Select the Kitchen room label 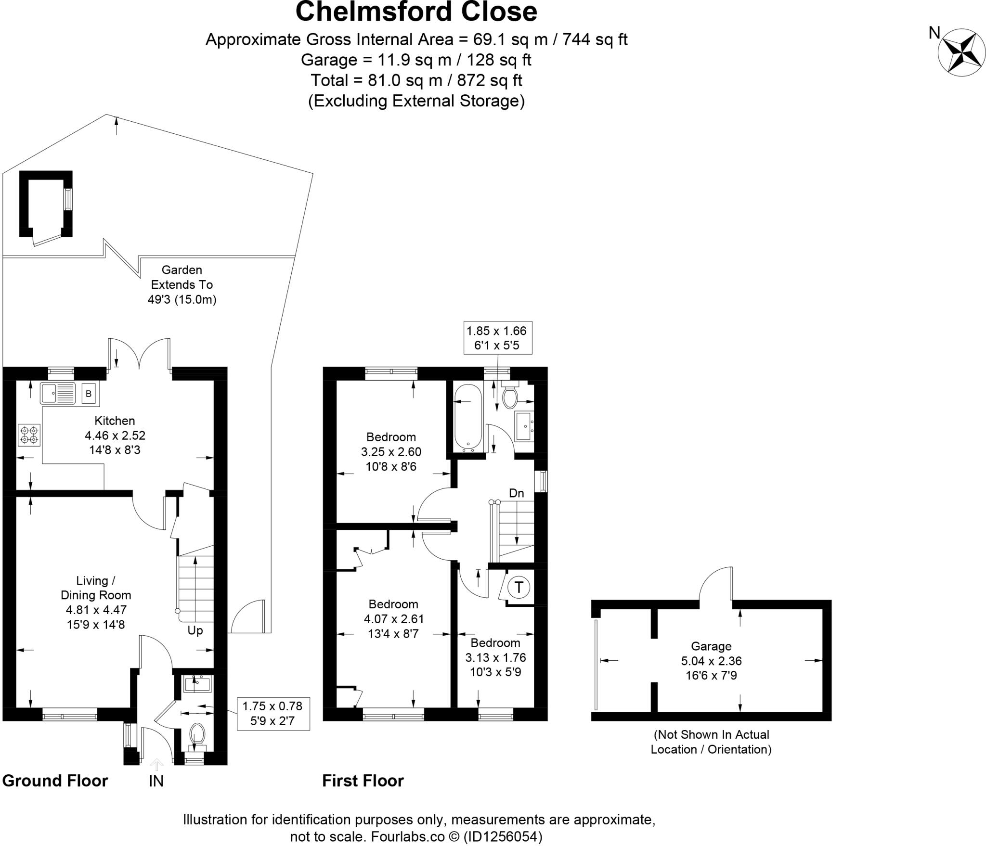115,421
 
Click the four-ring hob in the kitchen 29,435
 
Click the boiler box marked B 89,394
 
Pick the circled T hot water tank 519,587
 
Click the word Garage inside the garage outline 711,646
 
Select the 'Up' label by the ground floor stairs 195,630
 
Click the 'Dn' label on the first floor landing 516,493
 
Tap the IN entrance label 156,781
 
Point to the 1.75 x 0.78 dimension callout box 272,713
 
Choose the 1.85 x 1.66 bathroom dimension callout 497,338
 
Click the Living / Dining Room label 96,588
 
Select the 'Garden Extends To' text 182,277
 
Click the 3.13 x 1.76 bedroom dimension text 495,657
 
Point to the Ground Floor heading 55,781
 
